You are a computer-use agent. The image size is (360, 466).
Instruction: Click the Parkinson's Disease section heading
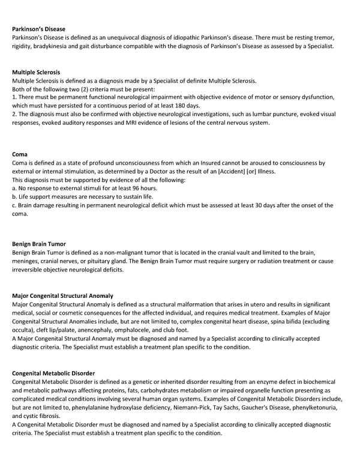click(x=38, y=29)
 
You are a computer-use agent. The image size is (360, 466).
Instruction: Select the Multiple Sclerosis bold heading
click(x=35, y=72)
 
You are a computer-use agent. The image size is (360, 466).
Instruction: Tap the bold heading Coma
click(x=20, y=154)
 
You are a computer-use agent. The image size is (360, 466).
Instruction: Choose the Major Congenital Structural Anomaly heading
click(x=62, y=295)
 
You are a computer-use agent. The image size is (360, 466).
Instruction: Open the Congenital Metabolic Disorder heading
click(x=53, y=373)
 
